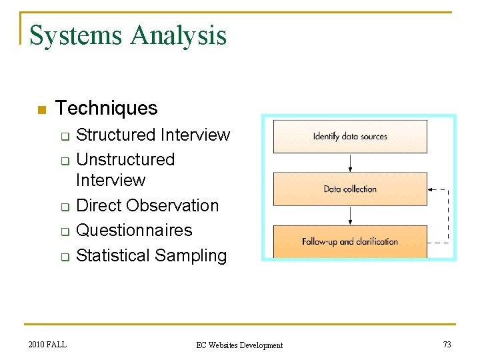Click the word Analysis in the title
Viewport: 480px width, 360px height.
pos(178,35)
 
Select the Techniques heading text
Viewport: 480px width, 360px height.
pos(107,108)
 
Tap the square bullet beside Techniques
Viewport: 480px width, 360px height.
pos(41,110)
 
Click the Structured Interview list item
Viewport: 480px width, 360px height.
pos(153,135)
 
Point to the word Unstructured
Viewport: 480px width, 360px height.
pos(125,160)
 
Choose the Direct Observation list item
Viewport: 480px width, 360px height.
pos(147,205)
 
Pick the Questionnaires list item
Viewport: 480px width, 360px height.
pos(134,231)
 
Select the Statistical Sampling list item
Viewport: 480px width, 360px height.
pos(151,255)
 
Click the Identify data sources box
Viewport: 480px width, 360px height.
pos(350,137)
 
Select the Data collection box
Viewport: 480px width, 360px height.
pos(350,189)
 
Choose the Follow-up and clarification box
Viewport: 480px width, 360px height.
pos(350,241)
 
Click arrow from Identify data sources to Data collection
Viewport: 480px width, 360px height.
pos(351,163)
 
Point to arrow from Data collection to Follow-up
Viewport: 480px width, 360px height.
pos(351,215)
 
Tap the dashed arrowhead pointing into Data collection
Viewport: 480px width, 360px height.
pos(432,190)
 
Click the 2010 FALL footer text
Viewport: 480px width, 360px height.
pos(47,344)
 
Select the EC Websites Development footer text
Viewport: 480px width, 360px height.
pos(239,345)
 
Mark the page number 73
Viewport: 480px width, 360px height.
pos(447,344)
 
